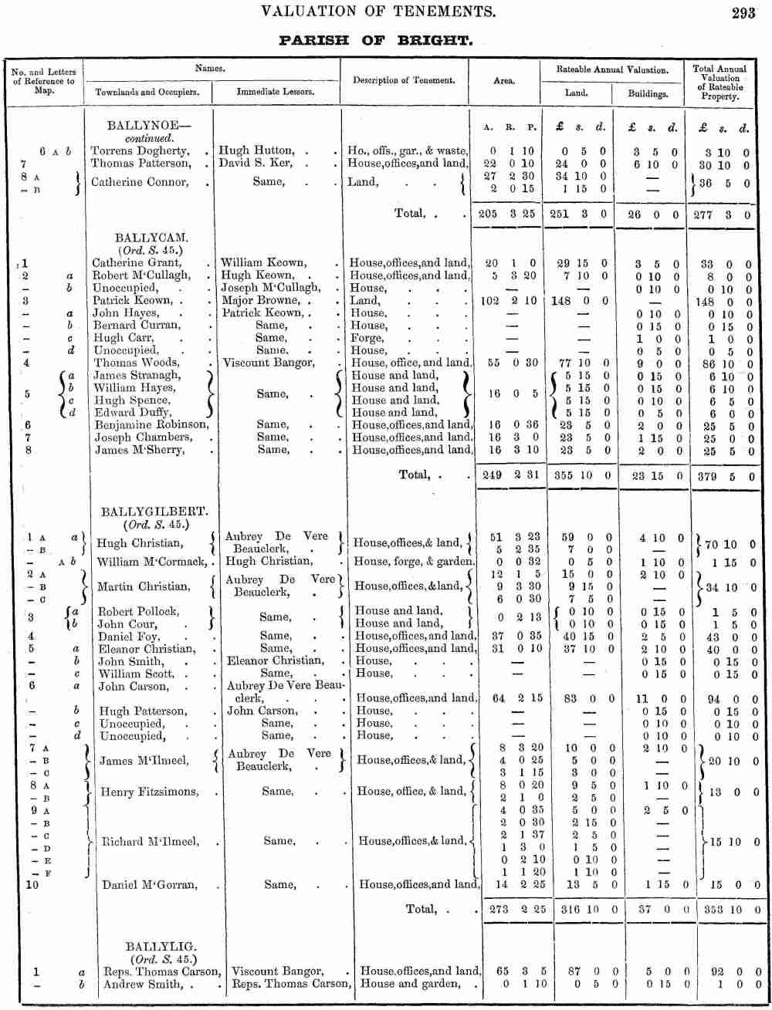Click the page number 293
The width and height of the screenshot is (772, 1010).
tap(743, 12)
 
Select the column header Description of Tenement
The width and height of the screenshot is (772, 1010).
tap(404, 80)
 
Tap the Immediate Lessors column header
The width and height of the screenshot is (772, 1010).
tap(275, 91)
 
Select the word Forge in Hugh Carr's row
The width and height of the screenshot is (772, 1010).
tap(366, 338)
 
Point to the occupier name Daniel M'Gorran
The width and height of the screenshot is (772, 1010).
tap(150, 885)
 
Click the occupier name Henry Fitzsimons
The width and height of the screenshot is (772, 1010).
tap(150, 792)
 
